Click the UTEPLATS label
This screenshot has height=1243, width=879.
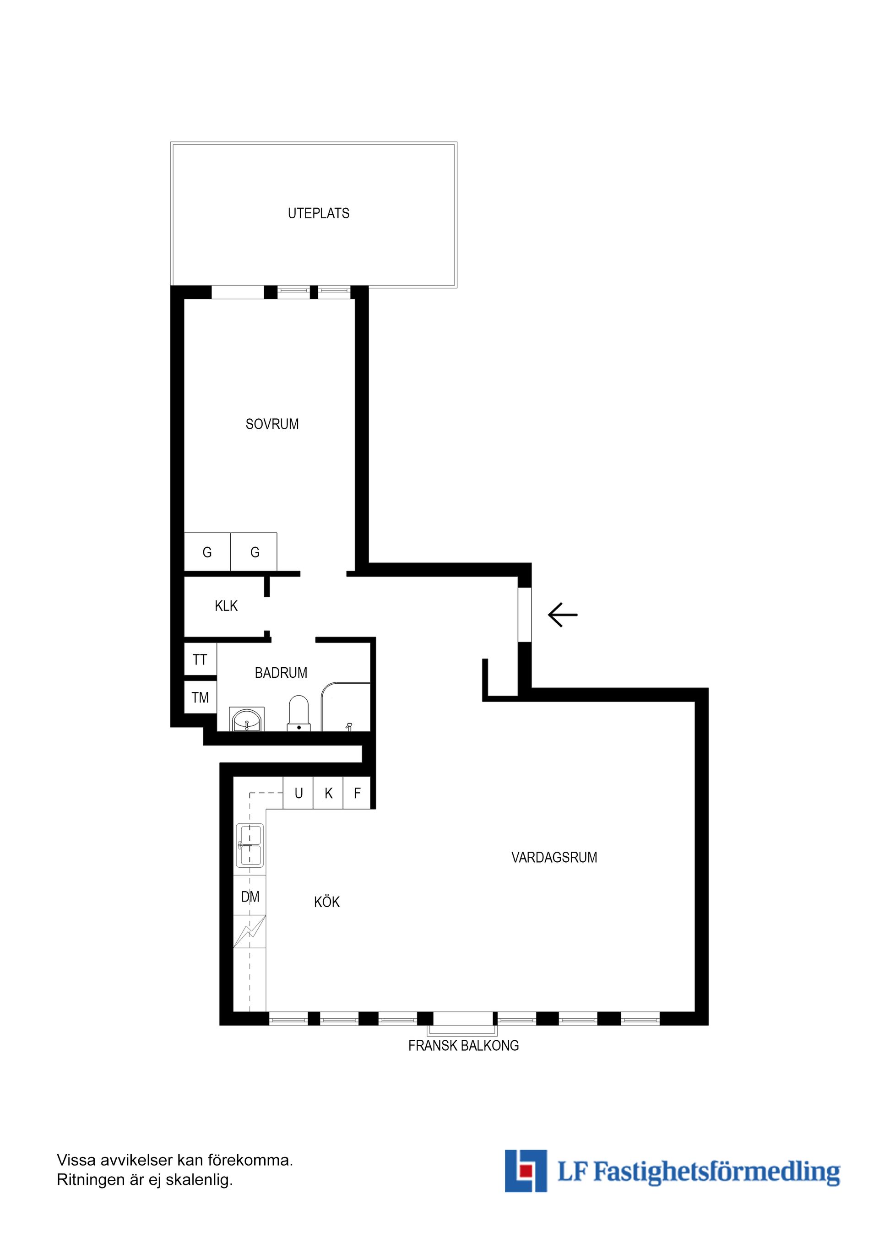pyautogui.click(x=319, y=213)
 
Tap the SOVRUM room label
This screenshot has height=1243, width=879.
pyautogui.click(x=272, y=424)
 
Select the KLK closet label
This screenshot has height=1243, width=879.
pyautogui.click(x=226, y=606)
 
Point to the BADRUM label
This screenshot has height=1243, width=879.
pyautogui.click(x=281, y=673)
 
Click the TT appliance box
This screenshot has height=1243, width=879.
pyautogui.click(x=201, y=659)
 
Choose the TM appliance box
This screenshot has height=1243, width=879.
pyautogui.click(x=201, y=697)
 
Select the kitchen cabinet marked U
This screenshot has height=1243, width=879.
pyautogui.click(x=298, y=793)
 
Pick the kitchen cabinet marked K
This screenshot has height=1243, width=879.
pyautogui.click(x=328, y=793)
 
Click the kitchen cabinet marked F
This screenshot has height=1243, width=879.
pyautogui.click(x=357, y=793)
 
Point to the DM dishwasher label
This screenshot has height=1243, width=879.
pyautogui.click(x=250, y=897)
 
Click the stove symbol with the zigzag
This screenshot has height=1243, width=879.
pyautogui.click(x=250, y=931)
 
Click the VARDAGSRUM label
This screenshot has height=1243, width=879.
pyautogui.click(x=554, y=858)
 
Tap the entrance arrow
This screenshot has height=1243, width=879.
pyautogui.click(x=563, y=615)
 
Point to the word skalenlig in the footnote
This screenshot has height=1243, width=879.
pyautogui.click(x=199, y=1180)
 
